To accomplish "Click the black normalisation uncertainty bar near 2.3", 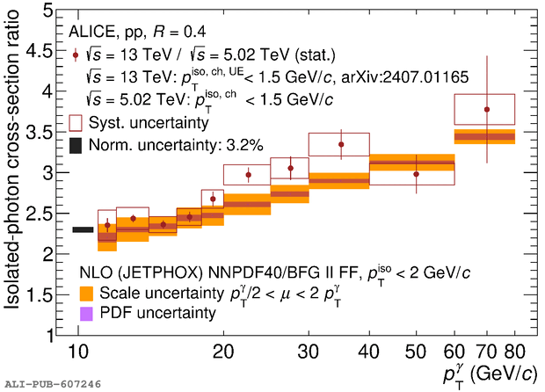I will [x=83, y=230].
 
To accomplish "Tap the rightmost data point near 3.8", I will [x=486, y=110].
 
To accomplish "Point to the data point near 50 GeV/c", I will [x=417, y=174].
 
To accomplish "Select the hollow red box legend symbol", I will [x=76, y=121].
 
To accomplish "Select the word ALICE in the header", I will [x=91, y=32].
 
